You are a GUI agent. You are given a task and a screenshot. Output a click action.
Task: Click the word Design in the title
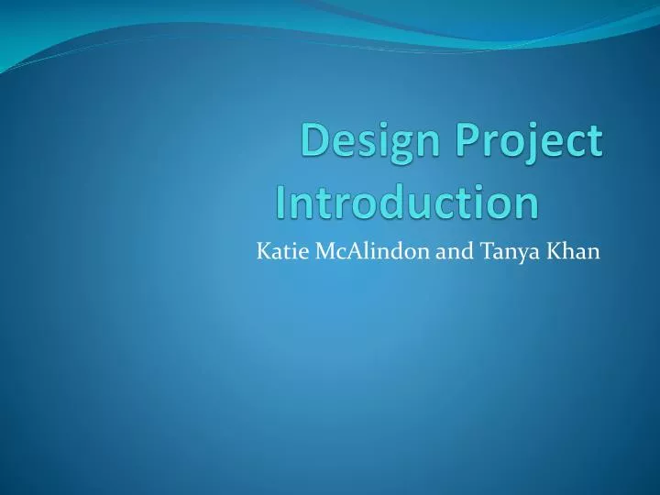tap(364, 144)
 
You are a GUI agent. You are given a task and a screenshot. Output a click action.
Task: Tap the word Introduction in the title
tap(407, 203)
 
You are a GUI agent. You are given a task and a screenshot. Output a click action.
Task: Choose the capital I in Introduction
tap(281, 203)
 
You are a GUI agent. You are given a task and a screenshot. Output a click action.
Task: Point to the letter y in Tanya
tap(518, 255)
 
